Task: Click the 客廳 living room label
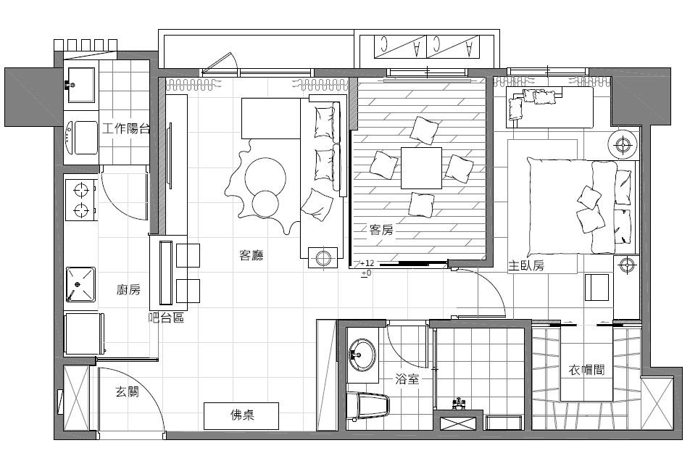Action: tap(252, 255)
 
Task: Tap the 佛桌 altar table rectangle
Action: tap(241, 415)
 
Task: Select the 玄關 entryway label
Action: tap(128, 391)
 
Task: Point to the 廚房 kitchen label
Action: tap(128, 289)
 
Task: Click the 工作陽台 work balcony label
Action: tap(126, 128)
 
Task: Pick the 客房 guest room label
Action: tap(381, 229)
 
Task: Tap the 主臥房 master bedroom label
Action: tap(526, 265)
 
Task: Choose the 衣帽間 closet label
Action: tap(586, 370)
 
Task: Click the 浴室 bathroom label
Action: tap(407, 378)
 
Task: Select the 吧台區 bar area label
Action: tap(166, 318)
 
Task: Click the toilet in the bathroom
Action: tap(368, 406)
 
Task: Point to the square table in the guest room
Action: tap(421, 168)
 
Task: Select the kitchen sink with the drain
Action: tap(80, 284)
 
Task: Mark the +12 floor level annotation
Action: tap(367, 263)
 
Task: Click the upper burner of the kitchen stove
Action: tap(81, 191)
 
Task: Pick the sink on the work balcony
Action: tap(80, 85)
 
